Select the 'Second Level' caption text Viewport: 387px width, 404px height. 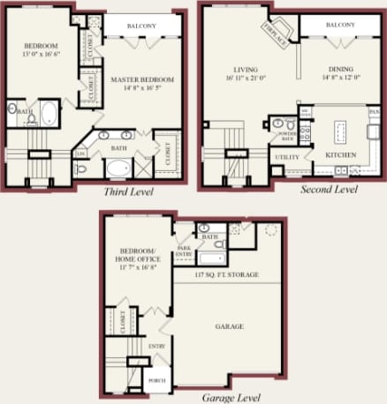330,189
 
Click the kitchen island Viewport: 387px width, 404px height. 338,133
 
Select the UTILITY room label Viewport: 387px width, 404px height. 287,156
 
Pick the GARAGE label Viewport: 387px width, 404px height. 230,325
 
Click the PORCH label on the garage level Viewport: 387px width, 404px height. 156,381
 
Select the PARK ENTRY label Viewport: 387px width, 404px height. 184,252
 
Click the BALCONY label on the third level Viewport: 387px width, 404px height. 141,26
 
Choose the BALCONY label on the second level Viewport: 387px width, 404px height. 339,26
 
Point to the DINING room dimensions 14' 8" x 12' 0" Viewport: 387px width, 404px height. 339,79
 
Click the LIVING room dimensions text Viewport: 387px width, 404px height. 244,79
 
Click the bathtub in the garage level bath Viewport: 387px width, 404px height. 209,259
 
